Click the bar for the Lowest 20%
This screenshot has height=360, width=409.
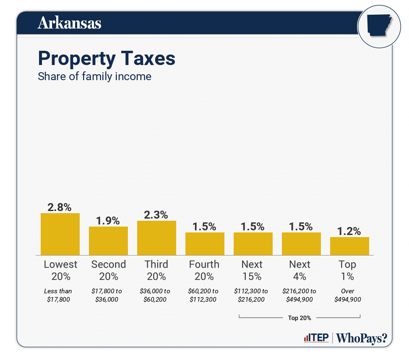[x=60, y=234]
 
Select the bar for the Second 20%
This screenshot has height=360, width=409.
[x=108, y=241]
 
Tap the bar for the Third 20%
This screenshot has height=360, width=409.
[x=156, y=238]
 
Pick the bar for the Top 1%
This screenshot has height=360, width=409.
[x=349, y=246]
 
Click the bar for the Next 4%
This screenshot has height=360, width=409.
[x=301, y=244]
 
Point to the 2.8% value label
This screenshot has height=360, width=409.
[x=60, y=207]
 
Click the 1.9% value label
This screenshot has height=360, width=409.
[x=108, y=220]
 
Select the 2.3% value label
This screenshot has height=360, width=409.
[x=156, y=214]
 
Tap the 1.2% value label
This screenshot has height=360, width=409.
[x=349, y=231]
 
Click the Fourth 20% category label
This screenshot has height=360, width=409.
[x=204, y=270]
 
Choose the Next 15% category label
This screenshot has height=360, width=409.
[x=252, y=270]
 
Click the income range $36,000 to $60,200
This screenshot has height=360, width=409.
[x=156, y=295]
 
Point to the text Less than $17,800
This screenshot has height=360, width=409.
[x=60, y=295]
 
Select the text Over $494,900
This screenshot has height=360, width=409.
[x=348, y=295]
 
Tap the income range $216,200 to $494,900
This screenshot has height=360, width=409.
[x=300, y=295]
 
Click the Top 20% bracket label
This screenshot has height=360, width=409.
[x=300, y=318]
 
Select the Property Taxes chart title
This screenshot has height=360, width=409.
[x=107, y=59]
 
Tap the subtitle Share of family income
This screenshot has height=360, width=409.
[x=94, y=77]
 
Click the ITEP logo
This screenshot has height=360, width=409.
[x=316, y=338]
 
